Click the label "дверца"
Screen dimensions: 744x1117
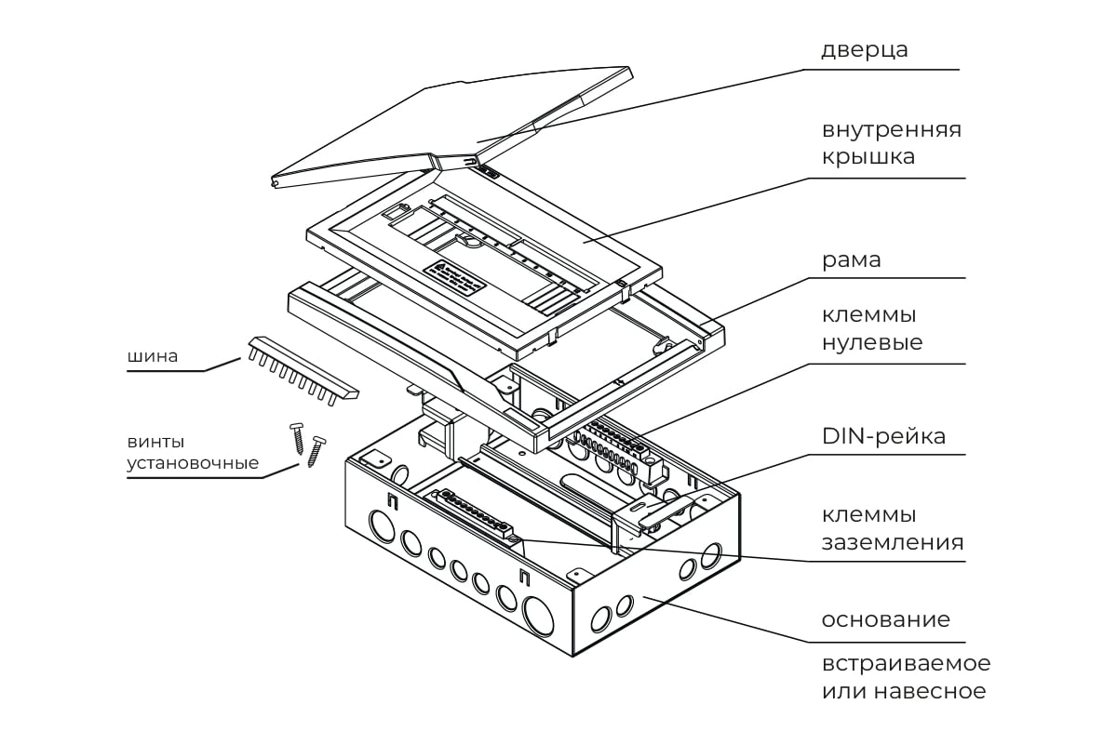(864, 49)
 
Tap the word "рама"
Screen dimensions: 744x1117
(851, 260)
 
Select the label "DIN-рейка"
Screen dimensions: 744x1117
(883, 436)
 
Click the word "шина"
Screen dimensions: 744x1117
(155, 356)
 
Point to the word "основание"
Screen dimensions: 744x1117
(885, 620)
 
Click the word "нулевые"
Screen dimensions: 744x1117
(871, 342)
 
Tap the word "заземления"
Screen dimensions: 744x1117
(892, 542)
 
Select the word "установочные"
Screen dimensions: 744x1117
(193, 463)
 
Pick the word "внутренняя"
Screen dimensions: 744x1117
(891, 129)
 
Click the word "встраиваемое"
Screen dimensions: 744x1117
(905, 664)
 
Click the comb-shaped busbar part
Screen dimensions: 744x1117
(303, 371)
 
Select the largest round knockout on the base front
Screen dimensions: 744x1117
(539, 615)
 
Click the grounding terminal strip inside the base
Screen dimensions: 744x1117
(475, 516)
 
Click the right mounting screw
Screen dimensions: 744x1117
(316, 450)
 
